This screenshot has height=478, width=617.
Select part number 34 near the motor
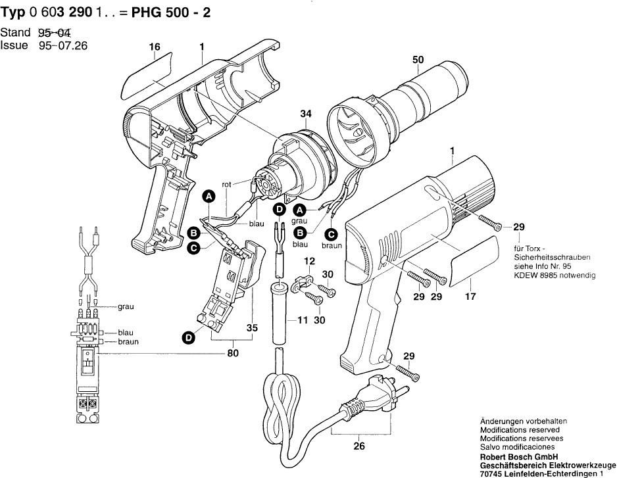(305, 114)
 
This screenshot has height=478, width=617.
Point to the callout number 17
(470, 297)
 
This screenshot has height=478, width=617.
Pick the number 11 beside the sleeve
(303, 320)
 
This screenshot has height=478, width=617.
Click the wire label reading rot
(226, 184)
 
